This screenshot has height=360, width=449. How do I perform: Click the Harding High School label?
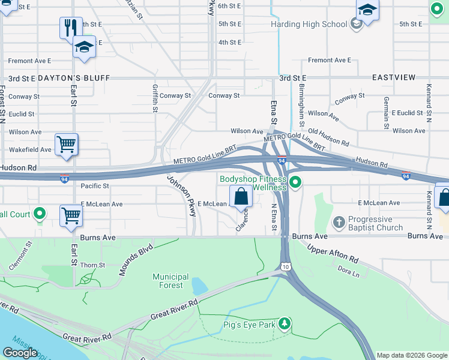point(309,25)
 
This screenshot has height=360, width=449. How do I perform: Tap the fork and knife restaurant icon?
point(71,27)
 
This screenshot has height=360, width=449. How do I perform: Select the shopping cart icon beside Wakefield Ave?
point(66,144)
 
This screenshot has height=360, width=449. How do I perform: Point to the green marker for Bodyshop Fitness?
point(295,182)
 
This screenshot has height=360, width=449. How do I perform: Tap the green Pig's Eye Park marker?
point(285,324)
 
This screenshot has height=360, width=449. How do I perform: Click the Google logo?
point(20,353)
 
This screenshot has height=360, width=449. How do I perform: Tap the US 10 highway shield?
point(285,266)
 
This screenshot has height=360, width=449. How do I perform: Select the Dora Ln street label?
point(348,272)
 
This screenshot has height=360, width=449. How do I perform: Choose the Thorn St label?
point(92,265)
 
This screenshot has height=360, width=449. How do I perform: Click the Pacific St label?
point(94,187)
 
